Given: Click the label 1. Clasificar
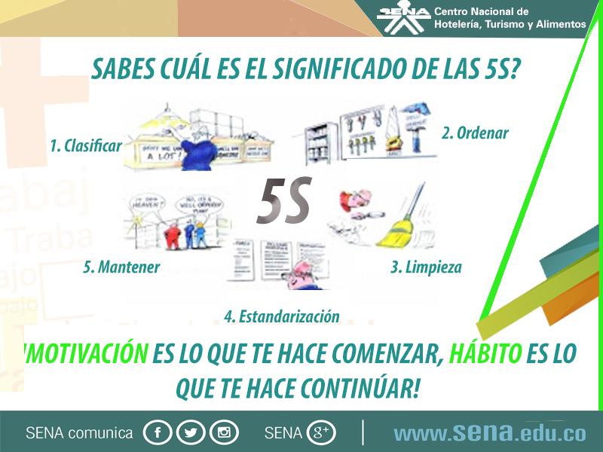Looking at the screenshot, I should coord(85,145).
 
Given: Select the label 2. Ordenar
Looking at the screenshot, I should coord(475,133).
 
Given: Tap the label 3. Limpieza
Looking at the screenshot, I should coord(426,267).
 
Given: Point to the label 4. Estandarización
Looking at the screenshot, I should coord(281,316).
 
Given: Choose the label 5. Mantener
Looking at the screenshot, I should coord(121,267).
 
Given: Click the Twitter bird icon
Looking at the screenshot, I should coord(191,432).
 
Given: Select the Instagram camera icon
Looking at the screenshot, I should coord(224,432).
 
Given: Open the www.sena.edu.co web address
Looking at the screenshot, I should coord(489,433).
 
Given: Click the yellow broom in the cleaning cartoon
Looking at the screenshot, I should coord(396,230).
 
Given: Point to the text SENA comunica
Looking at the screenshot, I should coord(79,433).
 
